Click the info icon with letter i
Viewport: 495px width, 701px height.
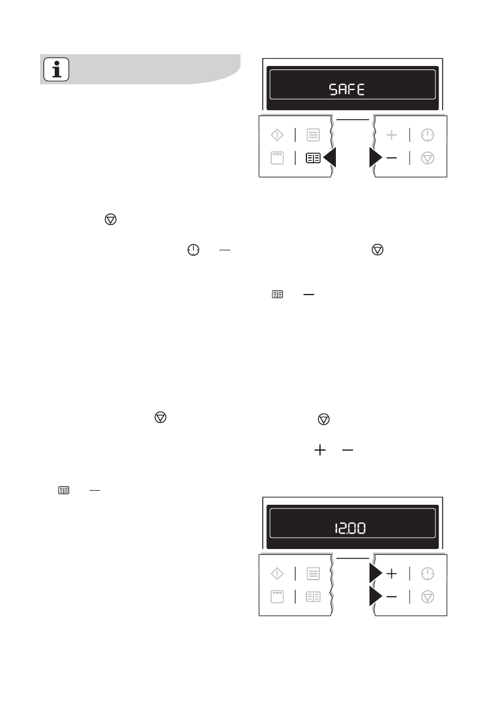click(x=57, y=69)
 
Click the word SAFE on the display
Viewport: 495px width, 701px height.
click(x=347, y=90)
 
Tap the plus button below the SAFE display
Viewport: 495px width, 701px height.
click(x=392, y=135)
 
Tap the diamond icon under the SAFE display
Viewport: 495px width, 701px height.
click(x=278, y=135)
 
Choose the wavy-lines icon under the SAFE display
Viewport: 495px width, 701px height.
click(x=312, y=135)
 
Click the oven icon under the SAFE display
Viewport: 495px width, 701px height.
click(x=278, y=158)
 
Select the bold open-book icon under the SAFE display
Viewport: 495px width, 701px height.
click(x=312, y=158)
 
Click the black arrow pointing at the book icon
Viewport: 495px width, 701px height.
click(x=330, y=158)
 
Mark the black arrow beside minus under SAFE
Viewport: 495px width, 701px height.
click(x=375, y=158)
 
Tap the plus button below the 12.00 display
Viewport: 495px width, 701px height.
click(x=392, y=573)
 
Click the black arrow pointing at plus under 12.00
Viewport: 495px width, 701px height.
click(x=375, y=573)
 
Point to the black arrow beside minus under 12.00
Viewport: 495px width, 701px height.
click(x=375, y=597)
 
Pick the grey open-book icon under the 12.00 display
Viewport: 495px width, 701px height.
click(x=312, y=597)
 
